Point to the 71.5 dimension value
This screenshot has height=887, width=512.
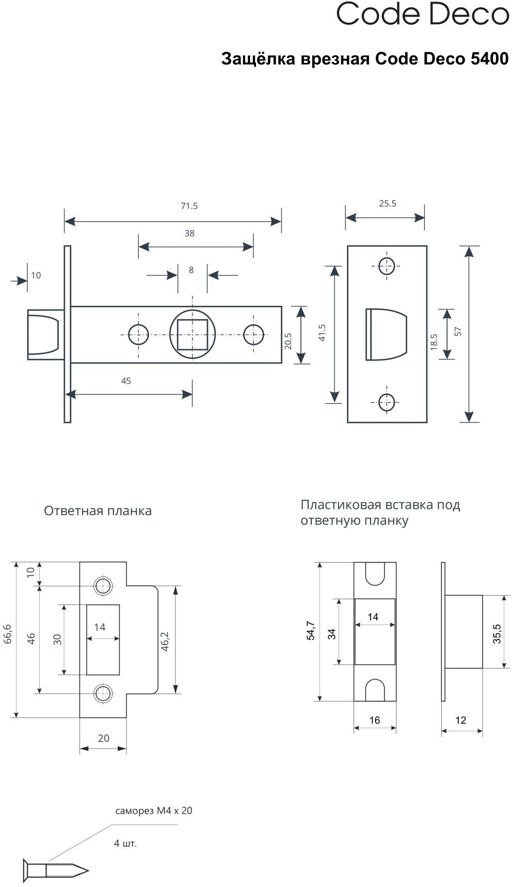189,206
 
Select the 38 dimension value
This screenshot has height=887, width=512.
189,234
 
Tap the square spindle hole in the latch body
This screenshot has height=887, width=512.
192,335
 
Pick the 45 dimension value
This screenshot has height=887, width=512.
126,381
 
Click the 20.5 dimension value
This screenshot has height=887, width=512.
288,341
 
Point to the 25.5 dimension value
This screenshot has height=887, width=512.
388,204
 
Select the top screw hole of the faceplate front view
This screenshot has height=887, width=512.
387,266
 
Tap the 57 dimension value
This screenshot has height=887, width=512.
458,332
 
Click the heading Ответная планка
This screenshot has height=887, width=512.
98,511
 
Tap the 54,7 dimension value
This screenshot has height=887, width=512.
310,631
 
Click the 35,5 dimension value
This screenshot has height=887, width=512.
497,634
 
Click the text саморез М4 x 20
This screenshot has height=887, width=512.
154,811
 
